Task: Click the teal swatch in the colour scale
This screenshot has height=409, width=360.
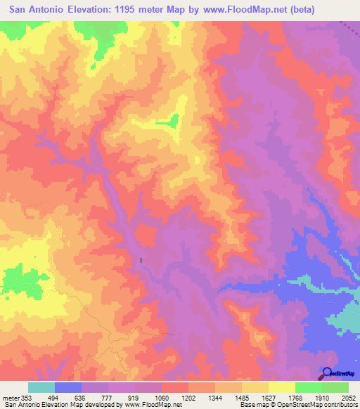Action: pyautogui.click(x=41, y=387)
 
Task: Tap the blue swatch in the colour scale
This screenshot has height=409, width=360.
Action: pyautogui.click(x=67, y=387)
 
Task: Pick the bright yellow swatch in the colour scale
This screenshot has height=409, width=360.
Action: pyautogui.click(x=281, y=387)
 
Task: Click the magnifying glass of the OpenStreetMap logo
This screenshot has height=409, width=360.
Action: pyautogui.click(x=327, y=374)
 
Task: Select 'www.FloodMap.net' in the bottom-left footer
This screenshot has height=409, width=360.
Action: pyautogui.click(x=145, y=404)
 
